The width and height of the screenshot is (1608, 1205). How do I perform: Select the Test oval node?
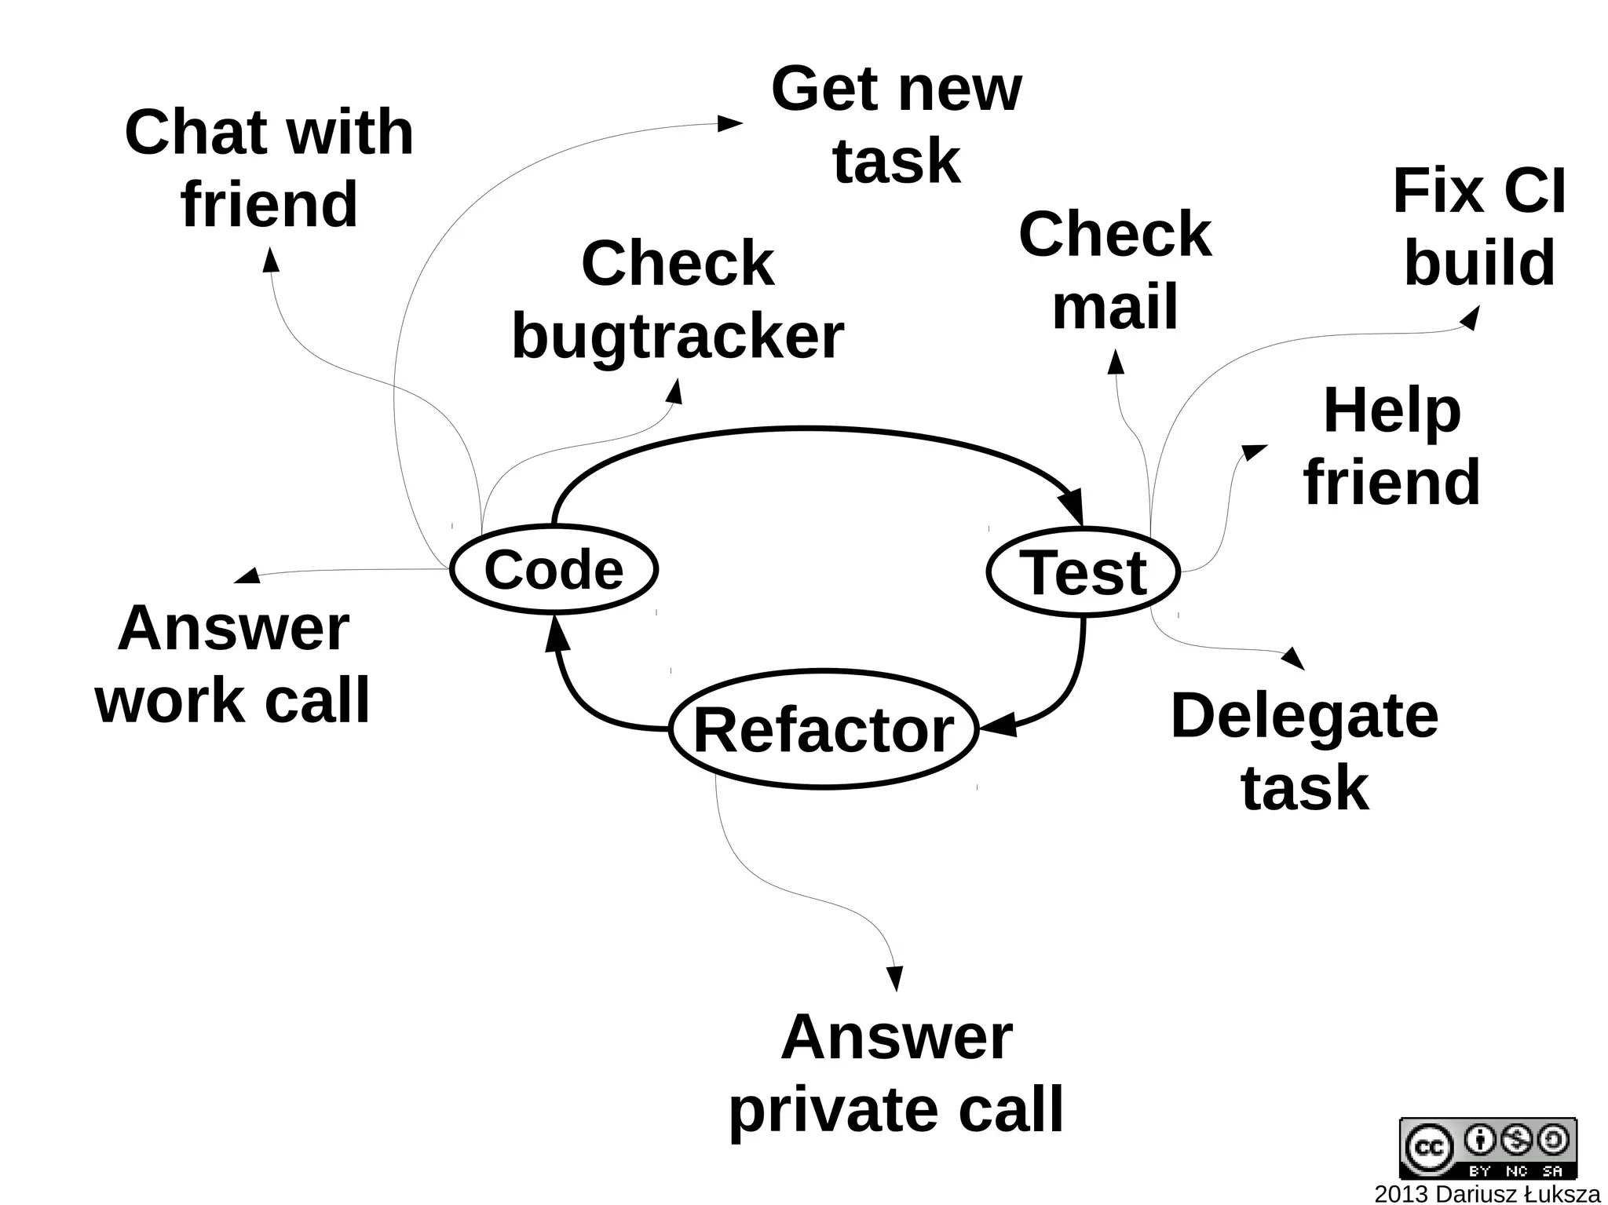click(1083, 572)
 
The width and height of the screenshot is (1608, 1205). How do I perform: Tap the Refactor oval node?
click(824, 729)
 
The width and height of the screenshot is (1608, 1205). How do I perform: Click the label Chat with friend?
click(269, 168)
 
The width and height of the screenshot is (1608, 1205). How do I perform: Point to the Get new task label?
click(896, 125)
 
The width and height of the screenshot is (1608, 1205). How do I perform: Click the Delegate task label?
click(1304, 751)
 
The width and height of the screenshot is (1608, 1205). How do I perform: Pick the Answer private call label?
click(896, 1073)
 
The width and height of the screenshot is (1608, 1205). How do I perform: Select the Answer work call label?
click(232, 664)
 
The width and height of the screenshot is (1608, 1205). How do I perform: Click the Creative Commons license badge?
click(1487, 1148)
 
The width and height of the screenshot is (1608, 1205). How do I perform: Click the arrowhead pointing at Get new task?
click(732, 123)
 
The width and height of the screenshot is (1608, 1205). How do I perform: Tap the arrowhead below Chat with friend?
click(271, 259)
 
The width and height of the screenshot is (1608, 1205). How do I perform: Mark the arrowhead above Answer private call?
click(894, 978)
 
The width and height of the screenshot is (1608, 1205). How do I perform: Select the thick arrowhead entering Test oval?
click(1073, 506)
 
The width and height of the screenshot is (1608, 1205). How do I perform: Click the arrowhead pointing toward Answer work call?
click(247, 576)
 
